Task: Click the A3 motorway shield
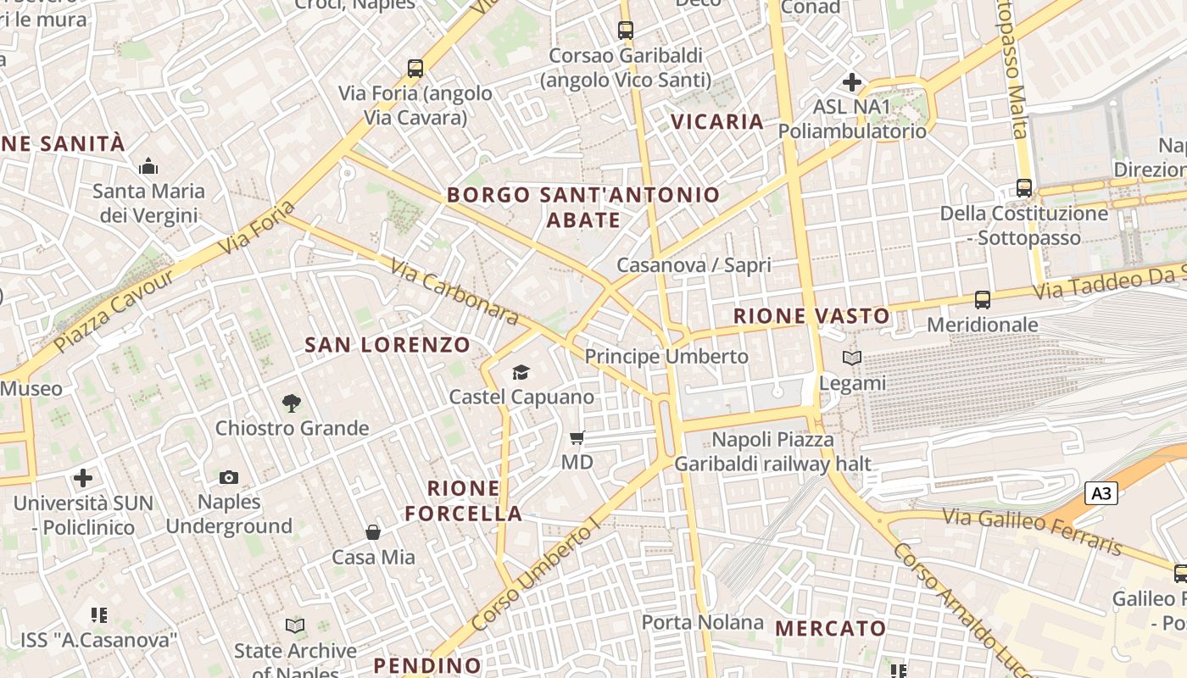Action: [x=1101, y=493]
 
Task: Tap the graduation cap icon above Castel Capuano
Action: [x=521, y=373]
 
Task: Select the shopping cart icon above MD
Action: [x=577, y=438]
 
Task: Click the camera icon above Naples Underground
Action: [x=229, y=478]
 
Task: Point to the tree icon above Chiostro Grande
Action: [x=292, y=403]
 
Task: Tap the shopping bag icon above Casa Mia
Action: [x=373, y=532]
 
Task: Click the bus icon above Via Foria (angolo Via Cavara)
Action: [x=415, y=69]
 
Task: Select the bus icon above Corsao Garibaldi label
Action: [x=626, y=31]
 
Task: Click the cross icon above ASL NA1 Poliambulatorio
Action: [x=852, y=82]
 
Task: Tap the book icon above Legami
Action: [x=852, y=358]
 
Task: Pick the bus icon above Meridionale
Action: [x=983, y=300]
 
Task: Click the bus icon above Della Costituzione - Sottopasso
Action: [x=1024, y=188]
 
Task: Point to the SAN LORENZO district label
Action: [x=387, y=345]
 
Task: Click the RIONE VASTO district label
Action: [x=811, y=317]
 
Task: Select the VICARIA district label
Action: [x=717, y=122]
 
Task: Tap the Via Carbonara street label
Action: [x=454, y=292]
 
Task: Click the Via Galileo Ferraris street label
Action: [x=1031, y=531]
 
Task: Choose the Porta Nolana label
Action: [x=702, y=622]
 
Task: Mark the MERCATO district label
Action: [x=831, y=629]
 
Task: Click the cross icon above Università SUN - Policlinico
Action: [x=83, y=478]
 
